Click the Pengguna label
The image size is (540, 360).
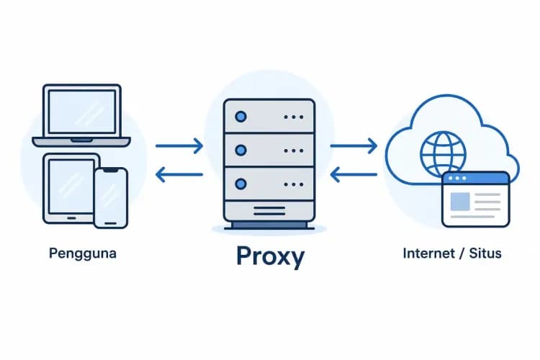pos(83,254)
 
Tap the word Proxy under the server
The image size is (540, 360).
pos(270,256)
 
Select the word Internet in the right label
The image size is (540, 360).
pos(429,253)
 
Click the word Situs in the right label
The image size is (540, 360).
pos(485,253)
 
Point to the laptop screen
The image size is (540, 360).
pos(82,112)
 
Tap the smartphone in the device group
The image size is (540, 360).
pos(111,198)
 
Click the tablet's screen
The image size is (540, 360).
pos(71,186)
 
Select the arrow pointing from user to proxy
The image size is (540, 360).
pos(179,145)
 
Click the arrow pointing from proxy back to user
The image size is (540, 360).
pos(179,175)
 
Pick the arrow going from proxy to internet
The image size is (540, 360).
pos(354,145)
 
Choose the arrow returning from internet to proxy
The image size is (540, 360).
pos(354,175)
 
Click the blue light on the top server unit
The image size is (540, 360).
pos(240,117)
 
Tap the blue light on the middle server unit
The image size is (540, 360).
pos(240,150)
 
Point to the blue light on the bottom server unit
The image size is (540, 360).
pos(240,184)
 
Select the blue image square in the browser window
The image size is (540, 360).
pos(460,202)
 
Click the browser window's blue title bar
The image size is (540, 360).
pos(476,179)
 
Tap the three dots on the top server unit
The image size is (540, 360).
pos(294,117)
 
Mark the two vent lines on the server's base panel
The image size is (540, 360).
pos(269,211)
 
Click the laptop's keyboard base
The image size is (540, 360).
pos(81,142)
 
